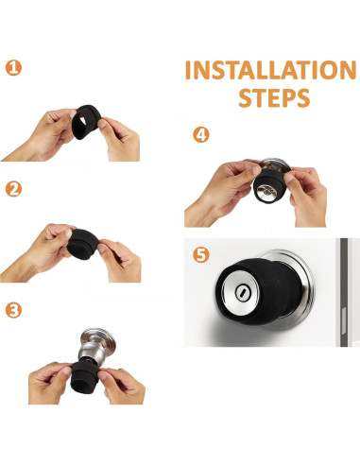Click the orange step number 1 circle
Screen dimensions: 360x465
point(13,68)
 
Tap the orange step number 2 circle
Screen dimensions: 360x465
point(13,189)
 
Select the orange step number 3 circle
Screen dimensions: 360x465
point(13,310)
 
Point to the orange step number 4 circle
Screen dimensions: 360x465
point(201,134)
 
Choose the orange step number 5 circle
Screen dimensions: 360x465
point(201,254)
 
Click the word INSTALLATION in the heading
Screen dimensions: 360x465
point(271,70)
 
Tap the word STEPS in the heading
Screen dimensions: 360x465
point(274,98)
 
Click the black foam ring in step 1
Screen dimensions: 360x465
point(87,122)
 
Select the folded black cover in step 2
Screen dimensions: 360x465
point(83,244)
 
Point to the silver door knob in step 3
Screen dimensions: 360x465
point(95,347)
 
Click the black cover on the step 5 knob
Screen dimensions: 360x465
point(259,292)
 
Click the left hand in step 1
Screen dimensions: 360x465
point(41,134)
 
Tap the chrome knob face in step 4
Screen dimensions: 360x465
point(266,192)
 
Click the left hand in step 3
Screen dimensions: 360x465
point(49,383)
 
